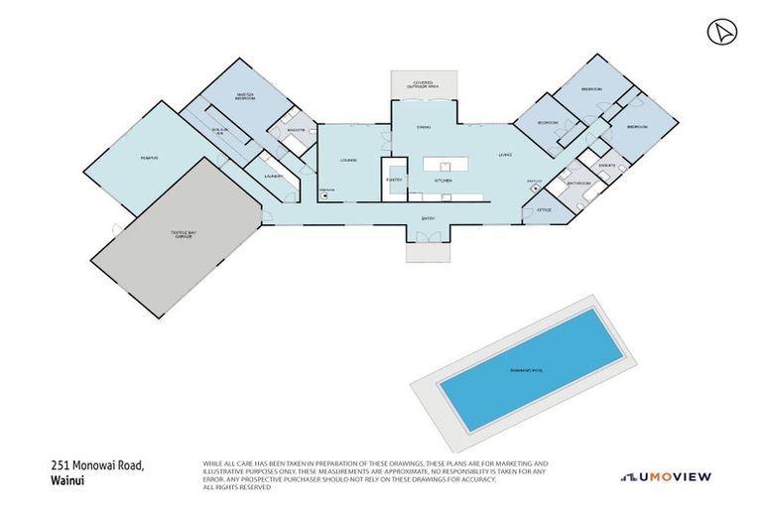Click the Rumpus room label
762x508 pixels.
click(150, 158)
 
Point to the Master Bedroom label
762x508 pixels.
click(248, 97)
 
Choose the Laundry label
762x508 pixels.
click(275, 176)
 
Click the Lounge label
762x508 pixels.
click(348, 160)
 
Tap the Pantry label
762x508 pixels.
click(394, 180)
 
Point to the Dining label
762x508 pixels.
click(423, 127)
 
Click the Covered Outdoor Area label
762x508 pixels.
click(424, 85)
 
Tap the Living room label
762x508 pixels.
click(505, 154)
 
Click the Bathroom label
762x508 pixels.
click(578, 184)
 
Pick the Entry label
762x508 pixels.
click(428, 218)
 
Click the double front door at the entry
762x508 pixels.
click(428, 236)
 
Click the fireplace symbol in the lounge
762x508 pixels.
click(324, 195)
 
